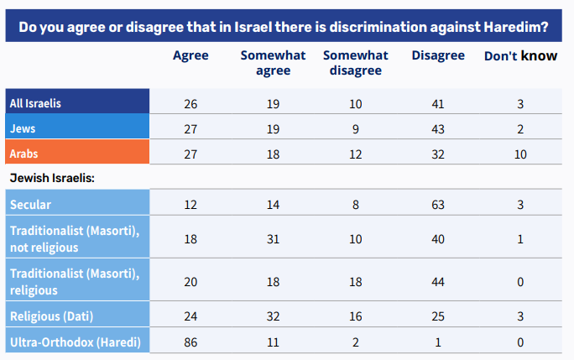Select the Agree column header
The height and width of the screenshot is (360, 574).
click(190, 55)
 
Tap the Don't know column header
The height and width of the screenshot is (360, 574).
click(520, 55)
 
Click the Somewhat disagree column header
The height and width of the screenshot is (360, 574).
click(356, 63)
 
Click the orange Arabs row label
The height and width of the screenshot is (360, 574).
click(24, 154)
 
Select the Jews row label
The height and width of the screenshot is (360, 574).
click(23, 128)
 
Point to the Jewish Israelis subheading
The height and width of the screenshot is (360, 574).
click(51, 178)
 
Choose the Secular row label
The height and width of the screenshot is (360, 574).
click(30, 204)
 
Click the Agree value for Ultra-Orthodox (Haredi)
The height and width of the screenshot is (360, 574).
click(190, 343)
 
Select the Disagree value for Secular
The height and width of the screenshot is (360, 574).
click(438, 204)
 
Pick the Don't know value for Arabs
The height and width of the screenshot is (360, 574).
click(520, 154)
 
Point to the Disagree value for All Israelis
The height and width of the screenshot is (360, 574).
click(438, 104)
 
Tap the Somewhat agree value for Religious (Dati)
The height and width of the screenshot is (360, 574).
click(273, 318)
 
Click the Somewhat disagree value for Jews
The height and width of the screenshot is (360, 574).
click(356, 129)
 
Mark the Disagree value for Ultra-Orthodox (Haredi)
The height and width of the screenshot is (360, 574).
click(438, 343)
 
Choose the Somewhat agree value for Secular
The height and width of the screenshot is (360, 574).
click(273, 204)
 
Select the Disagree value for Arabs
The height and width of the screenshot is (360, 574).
click(438, 154)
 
